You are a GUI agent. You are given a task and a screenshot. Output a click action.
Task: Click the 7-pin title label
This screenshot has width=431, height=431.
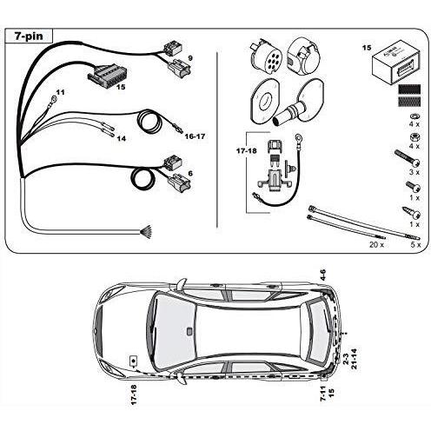pyautogui.click(x=29, y=36)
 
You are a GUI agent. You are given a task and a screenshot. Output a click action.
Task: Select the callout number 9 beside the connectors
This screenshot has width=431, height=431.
pyautogui.click(x=190, y=58)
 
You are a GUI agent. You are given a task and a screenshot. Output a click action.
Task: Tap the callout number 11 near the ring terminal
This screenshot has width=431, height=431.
pyautogui.click(x=61, y=92)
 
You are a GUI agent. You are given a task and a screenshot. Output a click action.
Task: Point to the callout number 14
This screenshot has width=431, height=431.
pyautogui.click(x=122, y=139)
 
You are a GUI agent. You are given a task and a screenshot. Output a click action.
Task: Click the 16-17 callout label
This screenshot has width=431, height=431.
pyautogui.click(x=195, y=136)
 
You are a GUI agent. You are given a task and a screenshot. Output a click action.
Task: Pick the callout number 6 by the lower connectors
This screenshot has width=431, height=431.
pyautogui.click(x=190, y=174)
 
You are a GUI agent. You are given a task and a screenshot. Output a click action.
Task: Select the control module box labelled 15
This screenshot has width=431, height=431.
pyautogui.click(x=395, y=67)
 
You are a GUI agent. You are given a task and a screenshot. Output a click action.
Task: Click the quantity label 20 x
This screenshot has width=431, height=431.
pyautogui.click(x=376, y=245)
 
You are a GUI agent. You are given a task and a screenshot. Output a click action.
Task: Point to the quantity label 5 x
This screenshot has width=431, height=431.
pyautogui.click(x=415, y=245)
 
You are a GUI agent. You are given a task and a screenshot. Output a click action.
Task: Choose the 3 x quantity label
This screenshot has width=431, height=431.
pyautogui.click(x=414, y=172)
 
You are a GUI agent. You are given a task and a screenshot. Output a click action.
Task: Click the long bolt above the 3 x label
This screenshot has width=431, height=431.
pyautogui.click(x=408, y=158)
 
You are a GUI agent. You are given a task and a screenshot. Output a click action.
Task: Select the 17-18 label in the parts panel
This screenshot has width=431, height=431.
pyautogui.click(x=247, y=150)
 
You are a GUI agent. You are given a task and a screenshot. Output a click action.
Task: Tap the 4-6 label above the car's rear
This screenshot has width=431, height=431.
pyautogui.click(x=323, y=275)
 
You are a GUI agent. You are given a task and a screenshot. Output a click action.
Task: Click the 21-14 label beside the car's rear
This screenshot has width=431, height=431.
pyautogui.click(x=354, y=359)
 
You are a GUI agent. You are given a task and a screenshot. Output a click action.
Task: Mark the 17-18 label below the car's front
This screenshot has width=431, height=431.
pyautogui.click(x=134, y=395)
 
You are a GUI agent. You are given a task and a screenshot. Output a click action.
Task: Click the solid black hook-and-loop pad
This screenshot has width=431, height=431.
pyautogui.click(x=409, y=90)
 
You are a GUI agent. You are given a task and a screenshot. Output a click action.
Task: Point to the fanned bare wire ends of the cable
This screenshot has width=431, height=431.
pyautogui.click(x=147, y=232)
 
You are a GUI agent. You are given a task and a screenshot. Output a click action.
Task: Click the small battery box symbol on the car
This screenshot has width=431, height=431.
pyautogui.click(x=134, y=361)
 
